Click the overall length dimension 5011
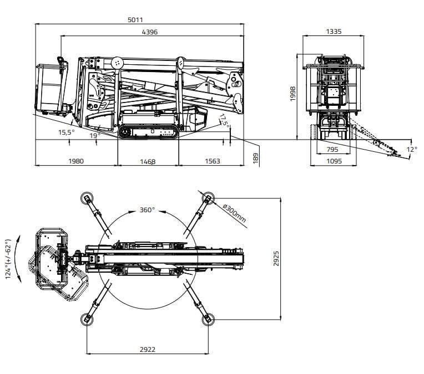coord(135,20)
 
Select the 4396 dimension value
coord(150,32)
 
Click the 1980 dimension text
coord(76,161)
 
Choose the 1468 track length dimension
coord(148,162)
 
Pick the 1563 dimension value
coord(211,161)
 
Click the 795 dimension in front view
coord(332,150)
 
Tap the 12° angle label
coord(411,150)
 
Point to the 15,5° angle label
coord(66,132)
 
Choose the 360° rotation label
coord(147,211)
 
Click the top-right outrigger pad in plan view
coord(208,198)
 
